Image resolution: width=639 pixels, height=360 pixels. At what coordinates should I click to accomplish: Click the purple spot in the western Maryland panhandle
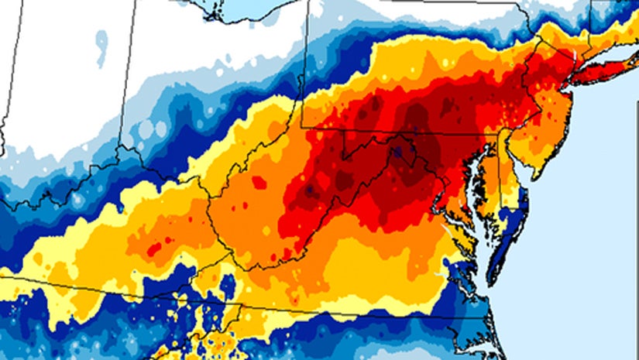(397, 153)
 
